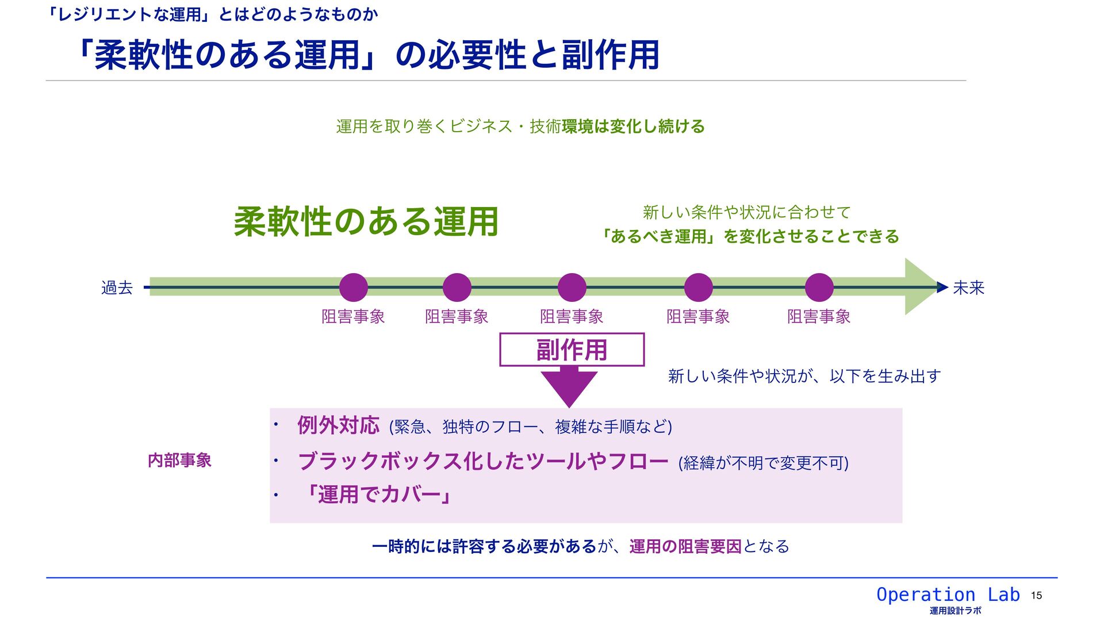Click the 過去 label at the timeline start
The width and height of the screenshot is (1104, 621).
[117, 287]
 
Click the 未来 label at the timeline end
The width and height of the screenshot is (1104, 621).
[968, 287]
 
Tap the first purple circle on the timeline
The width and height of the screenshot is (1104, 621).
[353, 287]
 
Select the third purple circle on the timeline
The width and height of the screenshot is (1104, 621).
[572, 287]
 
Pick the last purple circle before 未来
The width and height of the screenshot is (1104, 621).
[819, 287]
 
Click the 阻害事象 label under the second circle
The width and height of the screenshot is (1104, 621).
[457, 317]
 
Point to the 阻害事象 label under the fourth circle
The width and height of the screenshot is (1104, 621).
[698, 317]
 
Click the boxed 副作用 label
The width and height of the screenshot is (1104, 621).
[572, 350]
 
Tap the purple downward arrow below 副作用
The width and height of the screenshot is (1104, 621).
[569, 386]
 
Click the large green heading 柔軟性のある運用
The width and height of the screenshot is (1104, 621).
[366, 222]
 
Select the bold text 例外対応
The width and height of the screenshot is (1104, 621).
[338, 425]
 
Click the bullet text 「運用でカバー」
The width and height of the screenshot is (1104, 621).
[378, 494]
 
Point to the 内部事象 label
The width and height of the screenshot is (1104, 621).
[179, 461]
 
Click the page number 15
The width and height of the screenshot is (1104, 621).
[1036, 596]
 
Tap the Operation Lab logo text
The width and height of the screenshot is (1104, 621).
[948, 595]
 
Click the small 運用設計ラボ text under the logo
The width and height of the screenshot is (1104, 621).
[955, 611]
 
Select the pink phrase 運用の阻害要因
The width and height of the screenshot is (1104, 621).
[685, 546]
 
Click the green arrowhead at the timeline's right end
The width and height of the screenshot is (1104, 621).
[921, 287]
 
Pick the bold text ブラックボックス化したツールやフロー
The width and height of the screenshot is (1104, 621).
[483, 461]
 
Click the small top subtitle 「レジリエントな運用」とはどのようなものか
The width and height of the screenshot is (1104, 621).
[213, 14]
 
